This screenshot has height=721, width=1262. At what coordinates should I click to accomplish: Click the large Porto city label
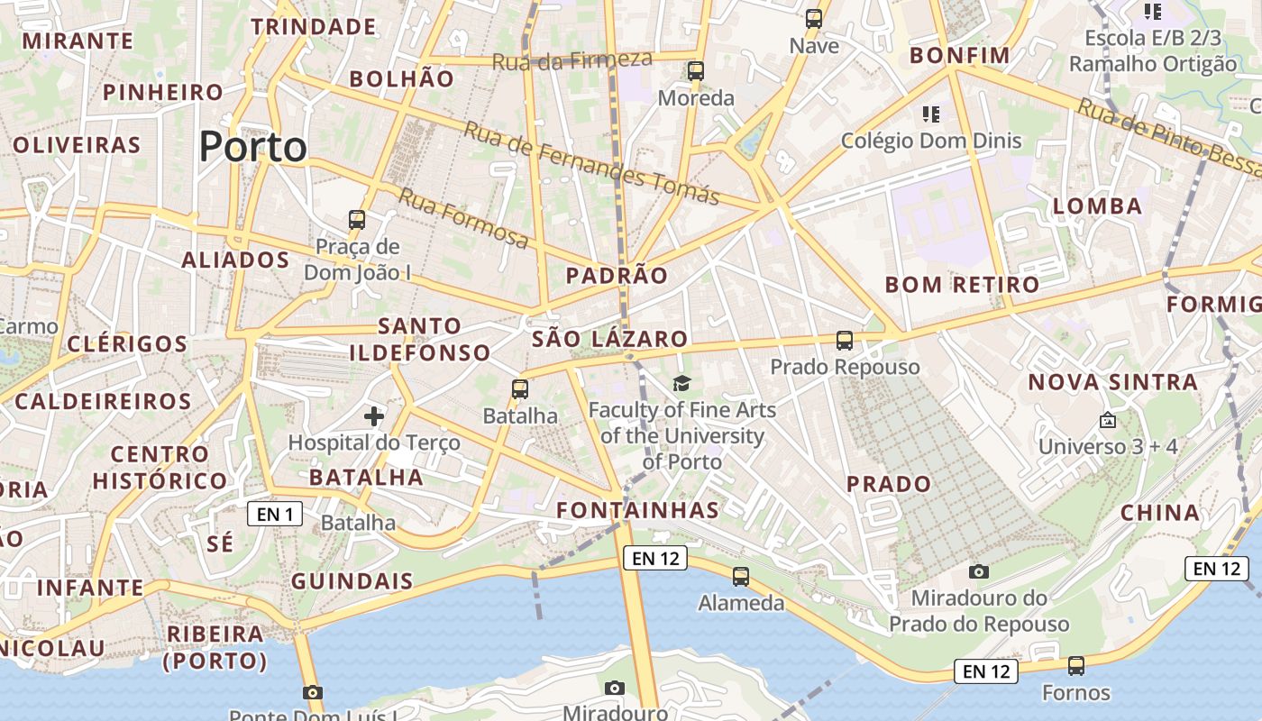click(x=252, y=146)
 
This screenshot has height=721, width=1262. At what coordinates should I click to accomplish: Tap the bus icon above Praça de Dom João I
click(x=357, y=219)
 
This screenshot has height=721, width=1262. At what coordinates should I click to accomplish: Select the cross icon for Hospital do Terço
click(x=374, y=415)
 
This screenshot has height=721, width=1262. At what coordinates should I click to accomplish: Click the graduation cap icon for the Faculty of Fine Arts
click(x=681, y=384)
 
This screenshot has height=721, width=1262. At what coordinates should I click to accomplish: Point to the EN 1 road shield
click(x=275, y=515)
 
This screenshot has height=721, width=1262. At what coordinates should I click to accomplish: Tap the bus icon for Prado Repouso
click(x=845, y=341)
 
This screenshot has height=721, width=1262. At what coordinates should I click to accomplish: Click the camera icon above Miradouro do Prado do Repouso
click(x=979, y=571)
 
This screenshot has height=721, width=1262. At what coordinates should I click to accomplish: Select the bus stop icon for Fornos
click(x=1076, y=666)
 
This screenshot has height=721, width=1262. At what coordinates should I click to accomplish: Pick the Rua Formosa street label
click(x=463, y=217)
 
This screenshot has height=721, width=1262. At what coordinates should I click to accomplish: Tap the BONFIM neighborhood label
click(x=960, y=56)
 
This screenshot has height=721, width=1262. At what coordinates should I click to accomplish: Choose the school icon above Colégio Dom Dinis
click(x=931, y=114)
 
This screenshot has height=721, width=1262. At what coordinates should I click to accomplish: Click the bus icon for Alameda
click(x=741, y=577)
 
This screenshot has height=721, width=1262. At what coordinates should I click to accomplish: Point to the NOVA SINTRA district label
click(x=1113, y=382)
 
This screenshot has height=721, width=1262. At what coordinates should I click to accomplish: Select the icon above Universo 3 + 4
click(x=1107, y=420)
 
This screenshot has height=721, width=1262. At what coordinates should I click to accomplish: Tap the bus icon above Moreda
click(x=695, y=70)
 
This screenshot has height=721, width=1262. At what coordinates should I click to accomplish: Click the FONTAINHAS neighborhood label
click(x=637, y=510)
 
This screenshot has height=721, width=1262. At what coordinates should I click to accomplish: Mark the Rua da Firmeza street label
click(x=572, y=60)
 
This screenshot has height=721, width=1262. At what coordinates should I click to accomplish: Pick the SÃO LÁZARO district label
click(x=609, y=339)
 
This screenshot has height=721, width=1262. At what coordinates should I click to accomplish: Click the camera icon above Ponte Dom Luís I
click(x=313, y=692)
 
